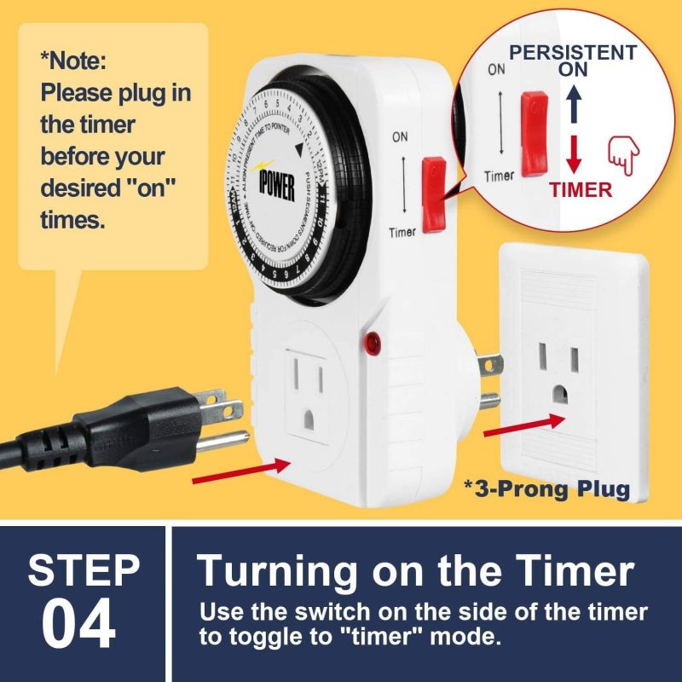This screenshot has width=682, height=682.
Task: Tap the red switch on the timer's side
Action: pyautogui.click(x=434, y=194)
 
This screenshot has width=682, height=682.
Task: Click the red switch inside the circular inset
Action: pyautogui.click(x=535, y=125)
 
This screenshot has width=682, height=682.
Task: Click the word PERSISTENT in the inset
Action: pyautogui.click(x=572, y=53)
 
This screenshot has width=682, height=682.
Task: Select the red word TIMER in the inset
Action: pyautogui.click(x=581, y=189)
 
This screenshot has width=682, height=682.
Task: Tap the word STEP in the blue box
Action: pyautogui.click(x=84, y=570)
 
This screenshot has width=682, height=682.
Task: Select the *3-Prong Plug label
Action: pyautogui.click(x=546, y=488)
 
